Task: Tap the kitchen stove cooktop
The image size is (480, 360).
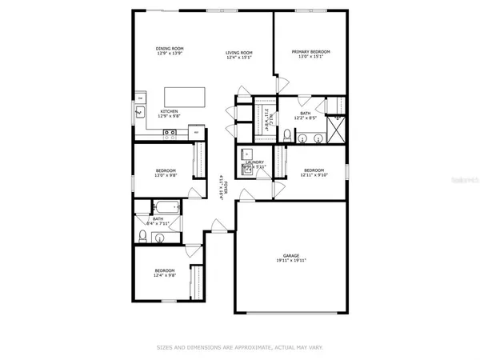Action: (170, 135)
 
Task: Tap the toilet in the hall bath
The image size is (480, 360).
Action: (142, 235)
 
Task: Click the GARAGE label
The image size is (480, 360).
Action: (291, 254)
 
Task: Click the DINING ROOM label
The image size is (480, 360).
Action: (170, 50)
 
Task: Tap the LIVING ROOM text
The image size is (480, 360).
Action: (239, 52)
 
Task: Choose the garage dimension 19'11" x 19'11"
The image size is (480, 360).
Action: (291, 260)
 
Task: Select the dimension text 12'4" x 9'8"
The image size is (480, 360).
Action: (166, 276)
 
